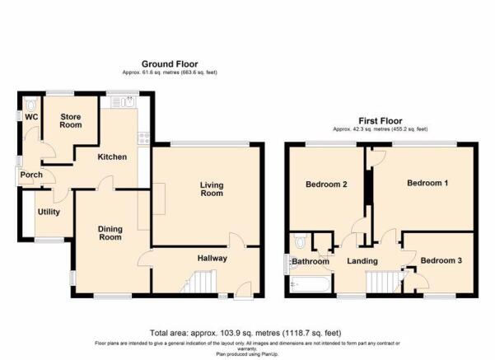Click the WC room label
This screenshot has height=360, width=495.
[31, 117]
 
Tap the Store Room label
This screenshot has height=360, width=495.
[71, 120]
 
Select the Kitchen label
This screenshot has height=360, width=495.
[112, 157]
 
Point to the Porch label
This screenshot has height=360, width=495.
[31, 175]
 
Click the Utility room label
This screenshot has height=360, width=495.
[49, 212]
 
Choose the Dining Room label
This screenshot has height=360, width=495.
[110, 233]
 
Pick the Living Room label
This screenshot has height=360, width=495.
[212, 189]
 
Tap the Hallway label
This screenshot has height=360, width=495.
[212, 259]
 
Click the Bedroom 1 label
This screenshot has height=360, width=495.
[427, 183]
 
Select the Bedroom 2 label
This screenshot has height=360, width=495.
[326, 184]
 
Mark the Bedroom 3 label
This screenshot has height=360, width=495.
[441, 260]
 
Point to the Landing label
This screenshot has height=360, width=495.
[362, 261]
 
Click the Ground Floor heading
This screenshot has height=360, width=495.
[170, 64]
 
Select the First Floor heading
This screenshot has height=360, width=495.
[381, 121]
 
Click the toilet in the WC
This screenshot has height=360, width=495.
[30, 103]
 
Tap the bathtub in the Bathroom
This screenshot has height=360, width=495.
[311, 284]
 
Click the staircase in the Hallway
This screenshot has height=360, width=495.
[198, 282]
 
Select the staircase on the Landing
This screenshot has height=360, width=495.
[384, 282]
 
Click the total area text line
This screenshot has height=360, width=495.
[245, 333]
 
